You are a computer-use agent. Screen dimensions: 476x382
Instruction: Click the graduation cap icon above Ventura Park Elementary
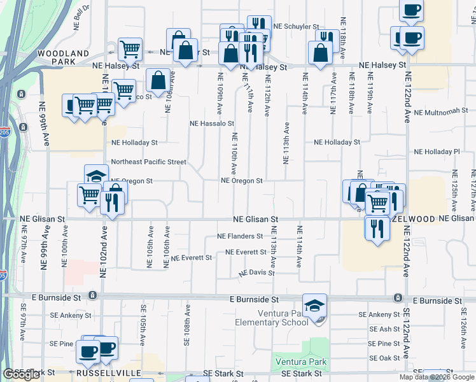click(314, 306)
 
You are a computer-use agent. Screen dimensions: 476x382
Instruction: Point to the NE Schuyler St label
click(296, 27)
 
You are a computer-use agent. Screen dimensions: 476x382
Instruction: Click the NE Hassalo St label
click(213, 124)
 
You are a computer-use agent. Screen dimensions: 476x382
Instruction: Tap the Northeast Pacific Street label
click(148, 162)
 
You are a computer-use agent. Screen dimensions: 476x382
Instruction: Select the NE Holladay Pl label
click(437, 152)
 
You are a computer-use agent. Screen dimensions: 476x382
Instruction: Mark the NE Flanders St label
click(240, 236)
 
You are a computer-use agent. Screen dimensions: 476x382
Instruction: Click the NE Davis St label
click(256, 273)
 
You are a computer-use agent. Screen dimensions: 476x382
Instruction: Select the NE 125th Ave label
click(454, 190)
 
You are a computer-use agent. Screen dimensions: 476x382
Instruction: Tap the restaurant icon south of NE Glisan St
click(377, 228)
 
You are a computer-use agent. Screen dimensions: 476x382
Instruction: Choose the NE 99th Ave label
click(45, 124)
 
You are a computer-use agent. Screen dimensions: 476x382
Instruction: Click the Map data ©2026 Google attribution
click(437, 377)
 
